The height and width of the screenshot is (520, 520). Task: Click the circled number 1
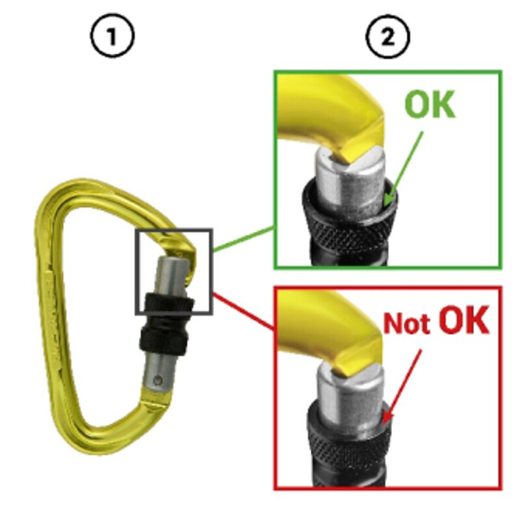coord(112,36)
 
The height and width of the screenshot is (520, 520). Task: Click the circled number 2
coord(387,36)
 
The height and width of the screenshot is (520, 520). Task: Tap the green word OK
coord(430,104)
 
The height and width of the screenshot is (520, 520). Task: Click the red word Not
coord(407,323)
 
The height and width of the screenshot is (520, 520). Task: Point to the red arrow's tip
coord(383,424)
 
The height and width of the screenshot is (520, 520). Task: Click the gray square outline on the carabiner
coord(136,271)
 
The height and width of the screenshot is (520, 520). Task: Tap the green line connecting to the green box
coord(243,239)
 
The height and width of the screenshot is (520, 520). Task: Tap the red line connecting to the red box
coord(243,312)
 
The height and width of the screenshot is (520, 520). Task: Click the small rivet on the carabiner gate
coord(158,380)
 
